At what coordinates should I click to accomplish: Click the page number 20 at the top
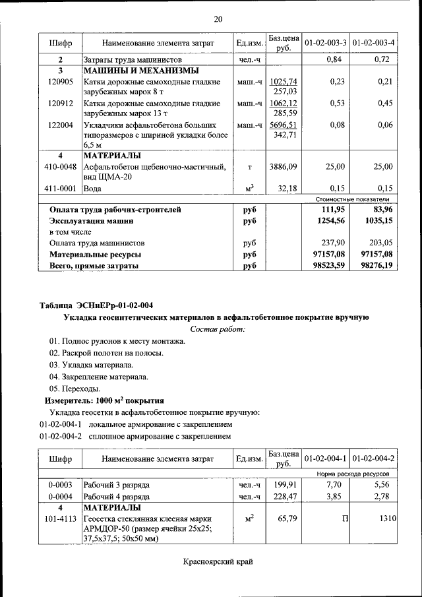click(x=218, y=19)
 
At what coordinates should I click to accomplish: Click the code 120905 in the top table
click(x=60, y=82)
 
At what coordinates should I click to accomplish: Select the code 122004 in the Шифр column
click(x=60, y=125)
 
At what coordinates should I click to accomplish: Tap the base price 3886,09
click(x=284, y=167)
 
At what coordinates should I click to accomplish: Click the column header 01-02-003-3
click(x=326, y=44)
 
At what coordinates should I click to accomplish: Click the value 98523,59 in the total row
click(x=328, y=265)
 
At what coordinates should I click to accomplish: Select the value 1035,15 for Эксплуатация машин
click(x=377, y=221)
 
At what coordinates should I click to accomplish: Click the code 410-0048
click(x=60, y=167)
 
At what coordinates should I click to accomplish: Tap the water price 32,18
click(x=288, y=188)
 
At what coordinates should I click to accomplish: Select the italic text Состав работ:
click(x=218, y=329)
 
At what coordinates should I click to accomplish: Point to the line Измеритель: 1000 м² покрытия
click(x=104, y=400)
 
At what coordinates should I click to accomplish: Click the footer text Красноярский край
click(x=218, y=562)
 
